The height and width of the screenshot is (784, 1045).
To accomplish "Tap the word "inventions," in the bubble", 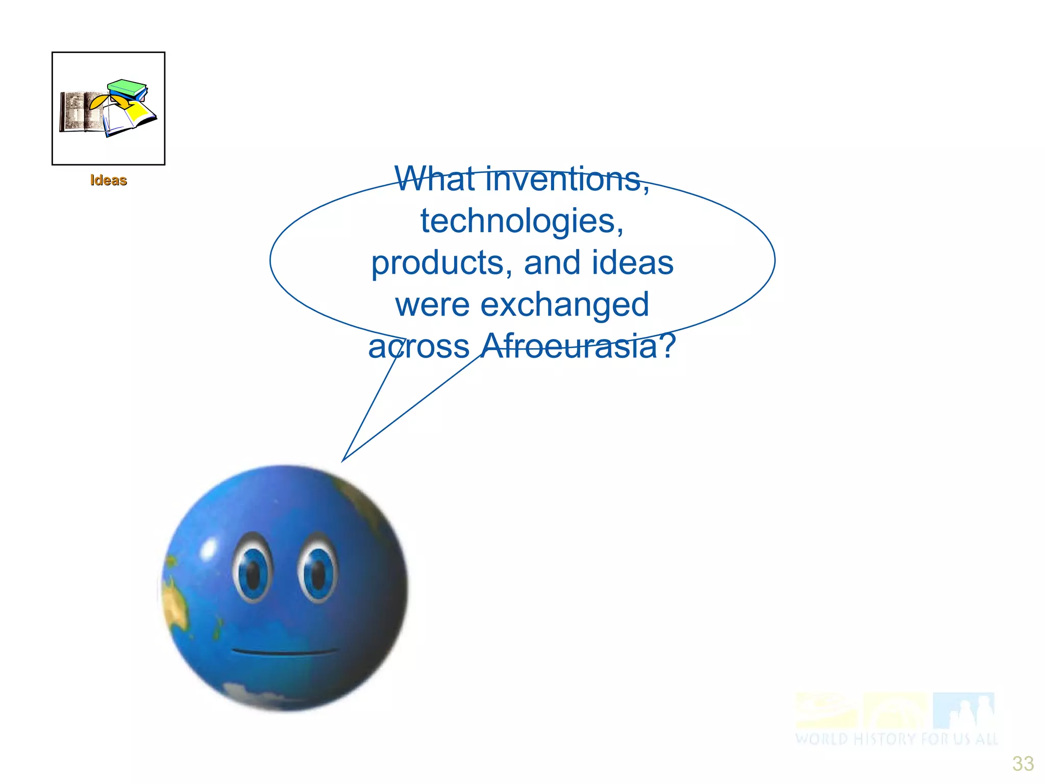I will click(567, 180).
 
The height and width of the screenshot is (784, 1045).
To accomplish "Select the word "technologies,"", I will click(522, 221).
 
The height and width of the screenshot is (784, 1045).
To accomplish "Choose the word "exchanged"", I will click(565, 305).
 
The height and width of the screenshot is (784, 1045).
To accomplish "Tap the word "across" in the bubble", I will click(419, 346).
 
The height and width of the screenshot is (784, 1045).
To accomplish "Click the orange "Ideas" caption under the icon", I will click(108, 180).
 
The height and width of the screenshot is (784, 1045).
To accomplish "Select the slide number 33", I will click(1023, 764).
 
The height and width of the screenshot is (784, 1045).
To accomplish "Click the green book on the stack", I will click(127, 87).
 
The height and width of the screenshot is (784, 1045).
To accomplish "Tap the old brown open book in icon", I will click(80, 111).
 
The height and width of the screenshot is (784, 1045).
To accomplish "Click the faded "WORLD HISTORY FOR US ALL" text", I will click(896, 739).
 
